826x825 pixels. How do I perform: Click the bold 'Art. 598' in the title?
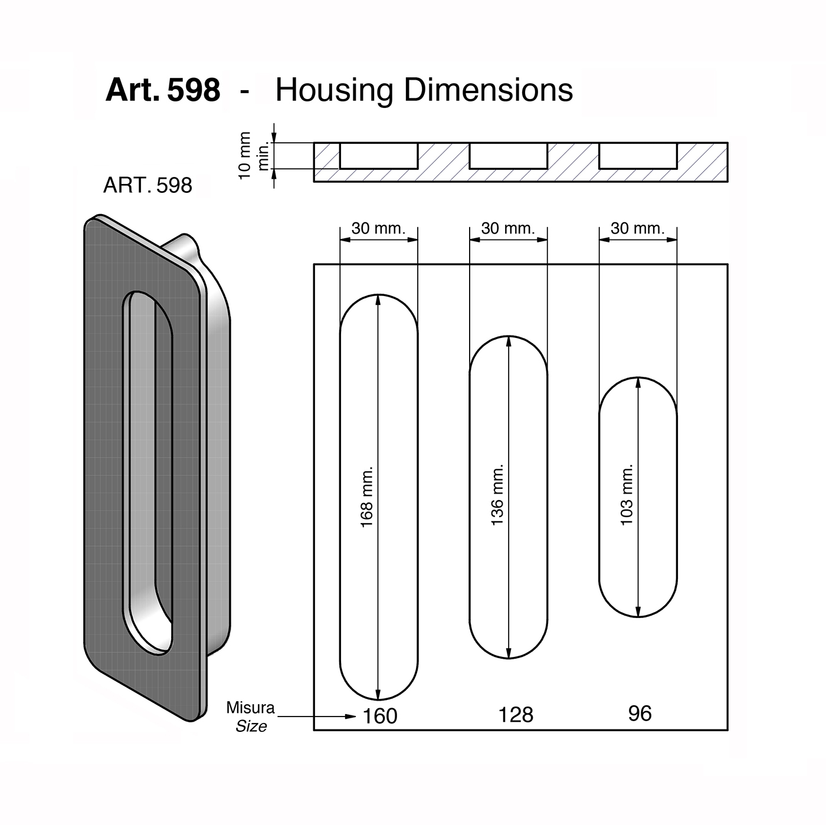click(163, 90)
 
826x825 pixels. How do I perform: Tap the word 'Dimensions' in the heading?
click(489, 90)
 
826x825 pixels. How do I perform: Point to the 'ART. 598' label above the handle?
click(147, 185)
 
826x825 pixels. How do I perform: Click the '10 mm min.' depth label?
click(253, 156)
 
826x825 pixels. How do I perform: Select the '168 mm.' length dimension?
click(366, 497)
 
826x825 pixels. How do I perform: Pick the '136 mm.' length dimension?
click(496, 495)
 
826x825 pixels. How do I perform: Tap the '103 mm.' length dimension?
click(626, 494)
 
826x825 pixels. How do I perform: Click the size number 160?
click(380, 716)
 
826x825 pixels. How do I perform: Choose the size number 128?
click(516, 715)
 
